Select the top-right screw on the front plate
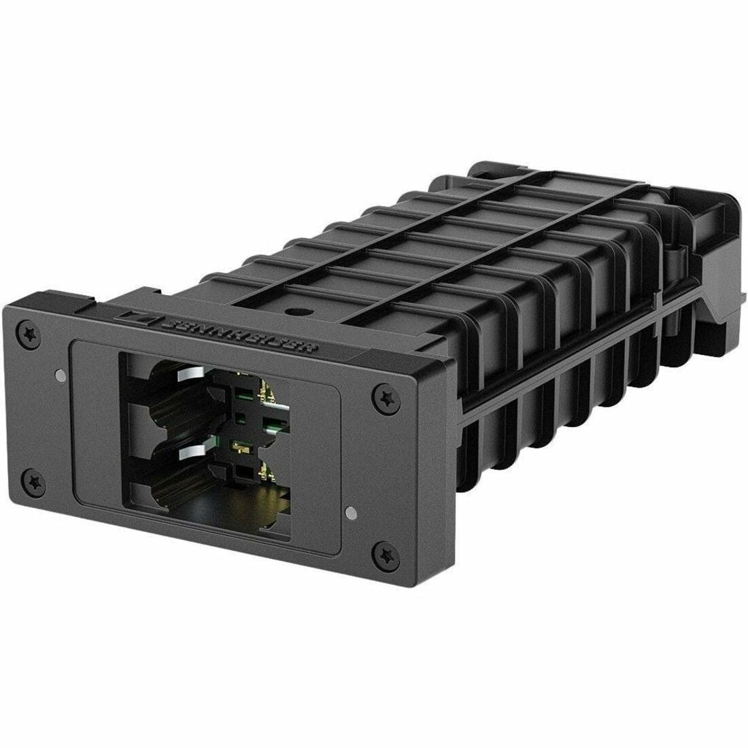pyautogui.click(x=384, y=394)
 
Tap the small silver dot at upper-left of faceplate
pyautogui.click(x=62, y=373)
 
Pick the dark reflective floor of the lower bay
pyautogui.click(x=224, y=507)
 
